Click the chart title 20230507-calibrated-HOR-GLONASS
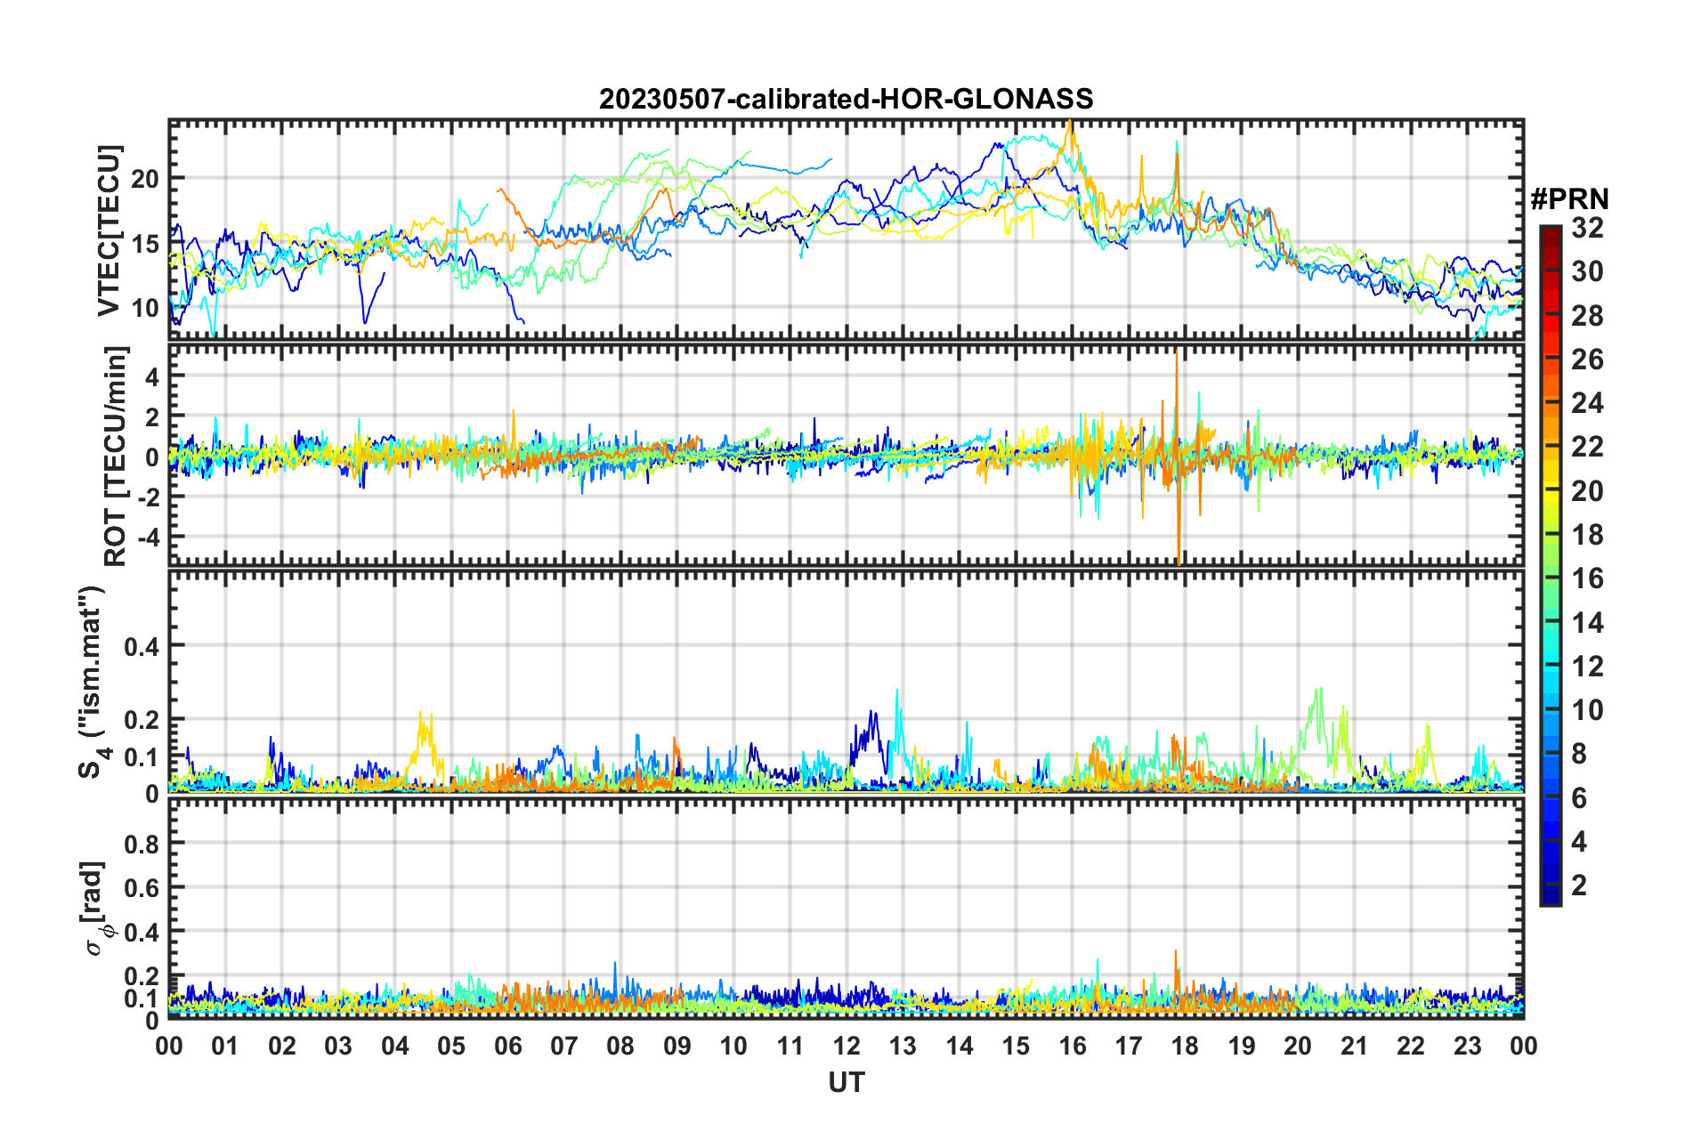(846, 99)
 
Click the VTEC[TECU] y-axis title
(109, 230)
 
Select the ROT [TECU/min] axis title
(116, 457)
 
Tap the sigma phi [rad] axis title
(97, 909)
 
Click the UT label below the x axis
(846, 1082)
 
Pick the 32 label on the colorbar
(1587, 229)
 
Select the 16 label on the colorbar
(1587, 579)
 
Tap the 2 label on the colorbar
(1580, 885)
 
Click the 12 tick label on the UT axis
(846, 1046)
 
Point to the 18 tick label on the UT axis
(1185, 1046)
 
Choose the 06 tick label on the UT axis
(507, 1046)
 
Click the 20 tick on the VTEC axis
(145, 179)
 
